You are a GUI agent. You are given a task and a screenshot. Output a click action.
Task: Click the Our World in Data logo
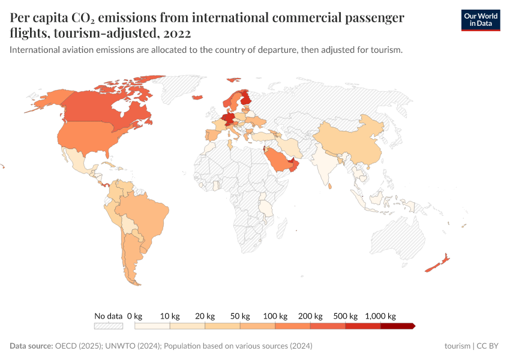(x=480, y=20)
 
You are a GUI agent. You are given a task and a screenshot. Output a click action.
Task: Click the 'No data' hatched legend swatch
(x=108, y=326)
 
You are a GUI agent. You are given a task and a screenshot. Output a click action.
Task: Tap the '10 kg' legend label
(x=170, y=316)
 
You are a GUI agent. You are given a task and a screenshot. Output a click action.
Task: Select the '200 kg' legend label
(x=311, y=316)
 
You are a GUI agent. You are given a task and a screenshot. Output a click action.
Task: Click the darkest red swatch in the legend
(x=397, y=326)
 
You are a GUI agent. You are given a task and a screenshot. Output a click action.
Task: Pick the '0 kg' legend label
(x=135, y=316)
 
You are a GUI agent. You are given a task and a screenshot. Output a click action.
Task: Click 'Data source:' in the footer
(x=31, y=346)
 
